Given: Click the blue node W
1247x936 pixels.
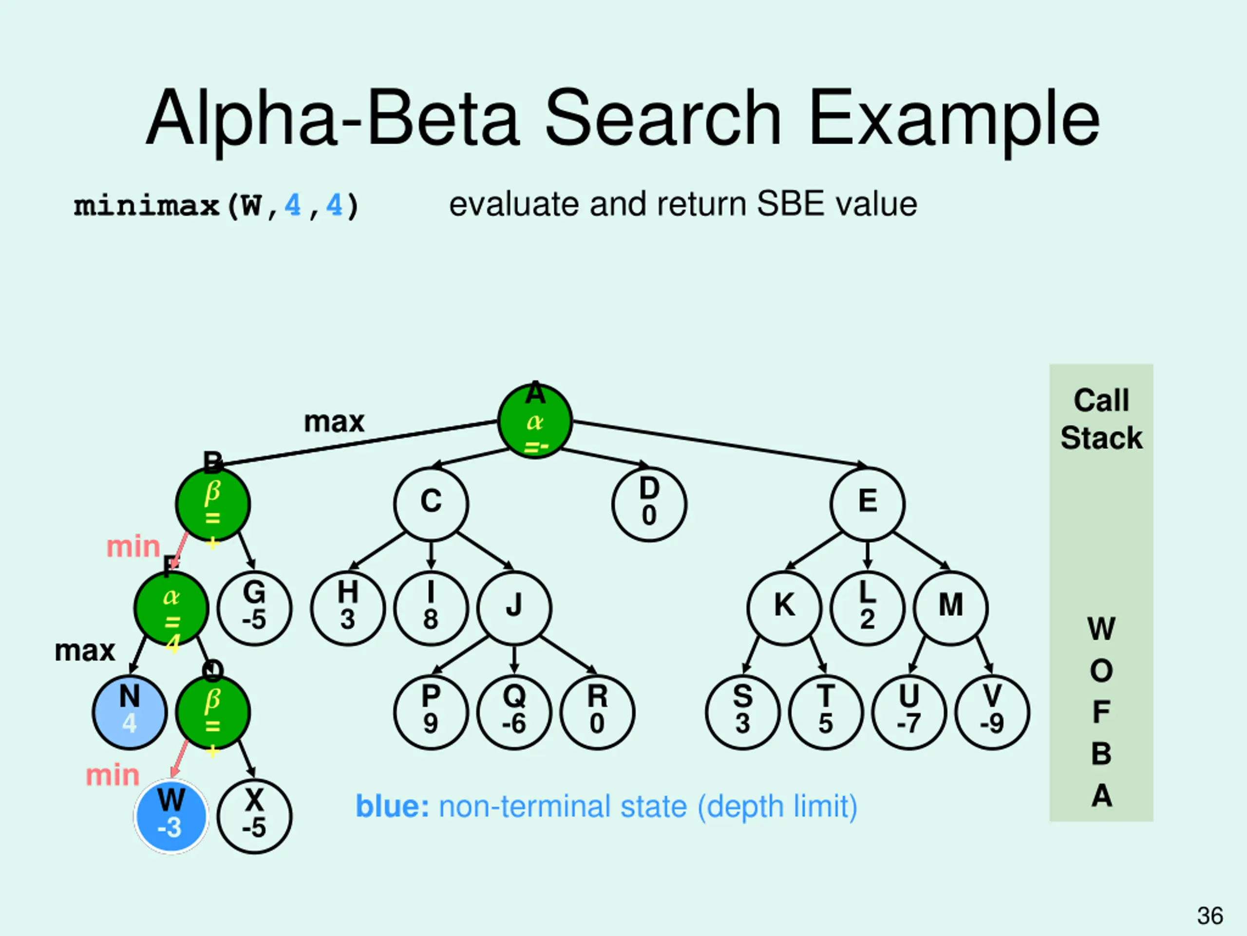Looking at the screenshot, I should pos(171,816).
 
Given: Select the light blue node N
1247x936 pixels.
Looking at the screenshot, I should pos(130,712).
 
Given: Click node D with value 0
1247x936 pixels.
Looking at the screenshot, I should pos(649,504).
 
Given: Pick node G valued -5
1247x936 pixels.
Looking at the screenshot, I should pos(254,607).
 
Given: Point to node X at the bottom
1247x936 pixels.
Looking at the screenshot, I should pos(254,816).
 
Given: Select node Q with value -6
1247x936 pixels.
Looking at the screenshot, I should pos(514,712).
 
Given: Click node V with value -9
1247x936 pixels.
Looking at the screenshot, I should pos(992,712).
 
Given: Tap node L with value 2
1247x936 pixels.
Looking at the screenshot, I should pos(868,607).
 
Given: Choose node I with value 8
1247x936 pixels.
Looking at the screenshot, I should pos(431,607).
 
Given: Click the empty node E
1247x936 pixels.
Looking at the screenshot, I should pos(868,504).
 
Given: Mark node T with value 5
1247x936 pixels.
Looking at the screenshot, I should pos(826,712).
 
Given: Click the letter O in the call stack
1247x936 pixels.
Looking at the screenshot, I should pos(1101,671).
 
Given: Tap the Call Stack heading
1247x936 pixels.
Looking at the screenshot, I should pos(1101,419).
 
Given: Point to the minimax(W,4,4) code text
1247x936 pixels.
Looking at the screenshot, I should pos(216,205).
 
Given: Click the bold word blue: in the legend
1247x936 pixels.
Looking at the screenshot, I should pos(392,806).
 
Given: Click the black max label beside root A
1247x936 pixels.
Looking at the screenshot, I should pos(334,422).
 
